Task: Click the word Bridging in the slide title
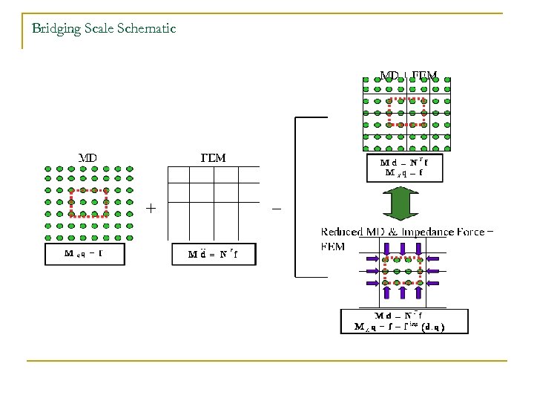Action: (x=54, y=29)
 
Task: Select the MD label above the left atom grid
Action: (x=88, y=157)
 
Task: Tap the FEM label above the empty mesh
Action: (x=214, y=157)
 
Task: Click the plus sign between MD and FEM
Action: (x=151, y=209)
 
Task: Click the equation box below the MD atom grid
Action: (x=84, y=254)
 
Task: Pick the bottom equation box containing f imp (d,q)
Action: (x=404, y=320)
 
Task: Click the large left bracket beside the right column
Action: (x=298, y=197)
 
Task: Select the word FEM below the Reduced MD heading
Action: (x=333, y=247)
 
